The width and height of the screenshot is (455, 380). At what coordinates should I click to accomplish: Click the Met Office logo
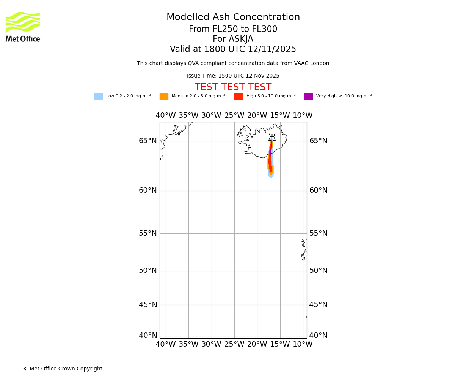coord(23,27)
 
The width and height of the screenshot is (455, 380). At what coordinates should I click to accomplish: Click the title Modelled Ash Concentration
coord(233,17)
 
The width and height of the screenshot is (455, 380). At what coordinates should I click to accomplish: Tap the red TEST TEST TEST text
coord(233,87)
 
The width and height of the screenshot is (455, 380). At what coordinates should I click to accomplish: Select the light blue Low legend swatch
coord(98,97)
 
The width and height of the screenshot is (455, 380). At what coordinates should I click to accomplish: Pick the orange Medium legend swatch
coord(164,97)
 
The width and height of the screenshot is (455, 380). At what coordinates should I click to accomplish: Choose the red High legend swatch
coord(238,97)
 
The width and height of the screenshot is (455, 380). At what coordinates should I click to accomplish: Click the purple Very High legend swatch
coord(308,97)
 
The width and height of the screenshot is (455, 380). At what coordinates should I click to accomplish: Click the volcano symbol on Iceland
coord(272,138)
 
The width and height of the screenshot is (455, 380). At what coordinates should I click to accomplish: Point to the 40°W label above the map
coord(166,116)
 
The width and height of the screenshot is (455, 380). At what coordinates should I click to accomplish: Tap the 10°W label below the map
coord(303,344)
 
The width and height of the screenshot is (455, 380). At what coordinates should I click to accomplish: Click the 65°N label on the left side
coord(147,141)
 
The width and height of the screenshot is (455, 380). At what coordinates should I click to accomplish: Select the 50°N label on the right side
coord(318,271)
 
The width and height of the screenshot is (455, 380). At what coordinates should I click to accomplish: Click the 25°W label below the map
coord(234,344)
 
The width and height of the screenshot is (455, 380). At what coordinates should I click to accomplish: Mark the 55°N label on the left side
coord(147,233)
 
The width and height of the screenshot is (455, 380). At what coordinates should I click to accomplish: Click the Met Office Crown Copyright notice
coord(63,369)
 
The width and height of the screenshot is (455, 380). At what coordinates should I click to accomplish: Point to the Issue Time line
coord(233,76)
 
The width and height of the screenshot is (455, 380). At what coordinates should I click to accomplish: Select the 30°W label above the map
coord(211,116)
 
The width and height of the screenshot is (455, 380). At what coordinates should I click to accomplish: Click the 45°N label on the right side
coord(318,305)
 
